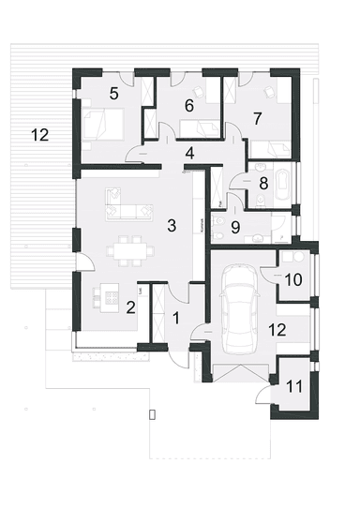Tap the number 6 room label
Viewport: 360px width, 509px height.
189,106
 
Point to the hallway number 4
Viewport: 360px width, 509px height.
190,153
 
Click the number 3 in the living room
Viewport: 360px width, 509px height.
172,225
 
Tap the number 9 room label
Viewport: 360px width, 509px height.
236,226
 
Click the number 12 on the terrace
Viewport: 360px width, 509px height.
38,135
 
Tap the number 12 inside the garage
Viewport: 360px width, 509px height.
277,329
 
